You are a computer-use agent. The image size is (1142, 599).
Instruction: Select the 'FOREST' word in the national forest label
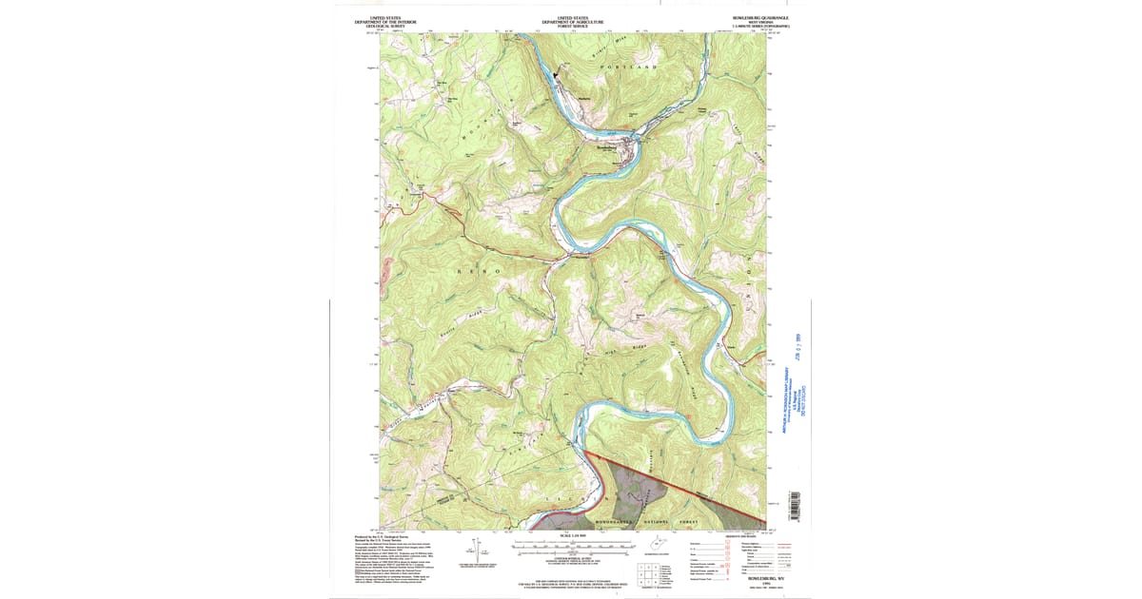tap(690, 522)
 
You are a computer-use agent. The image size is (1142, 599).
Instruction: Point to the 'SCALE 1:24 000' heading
tap(570, 536)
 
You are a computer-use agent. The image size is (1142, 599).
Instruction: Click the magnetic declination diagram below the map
tap(469, 551)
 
